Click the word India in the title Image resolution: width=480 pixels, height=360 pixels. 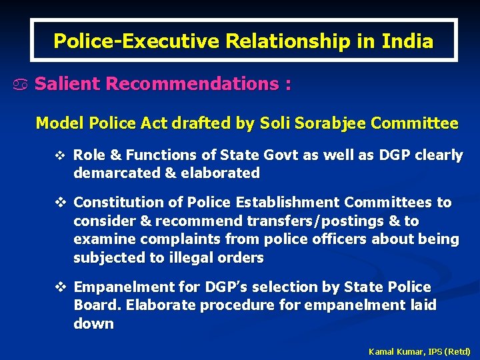407,41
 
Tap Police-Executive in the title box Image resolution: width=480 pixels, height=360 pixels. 137,41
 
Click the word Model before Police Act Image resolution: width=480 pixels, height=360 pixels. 58,123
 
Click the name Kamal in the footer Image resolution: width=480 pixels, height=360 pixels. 382,351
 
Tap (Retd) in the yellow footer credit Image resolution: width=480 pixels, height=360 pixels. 458,351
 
